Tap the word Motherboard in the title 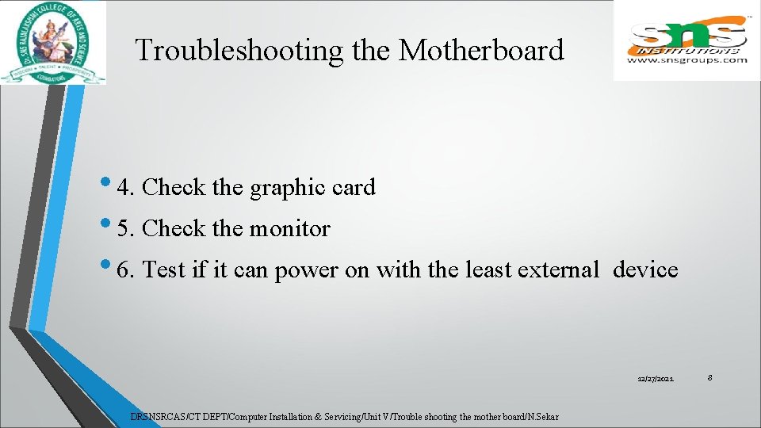[481, 50]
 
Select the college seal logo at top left [52, 42]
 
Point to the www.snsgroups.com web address [686, 59]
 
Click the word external [558, 270]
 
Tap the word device [645, 270]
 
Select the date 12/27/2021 [656, 380]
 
